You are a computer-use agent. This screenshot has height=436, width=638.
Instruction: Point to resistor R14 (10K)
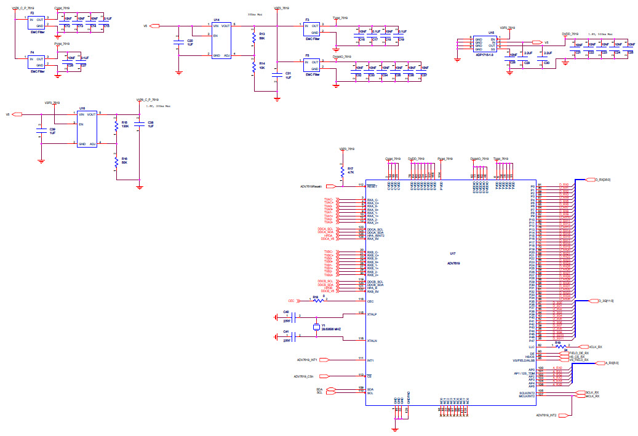(x=253, y=66)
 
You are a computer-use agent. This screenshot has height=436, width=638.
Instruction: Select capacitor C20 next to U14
(x=178, y=41)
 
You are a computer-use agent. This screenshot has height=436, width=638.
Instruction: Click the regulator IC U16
(x=87, y=129)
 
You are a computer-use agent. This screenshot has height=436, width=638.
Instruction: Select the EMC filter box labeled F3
(x=312, y=29)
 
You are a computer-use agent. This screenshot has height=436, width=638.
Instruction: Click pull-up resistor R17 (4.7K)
(x=342, y=170)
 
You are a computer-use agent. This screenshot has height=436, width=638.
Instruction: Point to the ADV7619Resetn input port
(x=330, y=186)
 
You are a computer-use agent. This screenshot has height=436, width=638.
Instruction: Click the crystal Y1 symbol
(x=315, y=327)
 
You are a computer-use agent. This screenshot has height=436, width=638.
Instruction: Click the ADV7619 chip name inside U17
(x=453, y=263)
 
